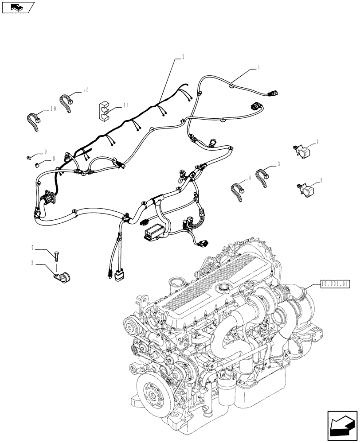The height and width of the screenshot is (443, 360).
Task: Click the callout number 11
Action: click(126, 105)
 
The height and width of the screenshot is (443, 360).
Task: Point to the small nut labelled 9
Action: click(28, 156)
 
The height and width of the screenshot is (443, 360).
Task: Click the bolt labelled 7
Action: click(57, 255)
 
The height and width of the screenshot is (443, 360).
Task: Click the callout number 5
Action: click(321, 180)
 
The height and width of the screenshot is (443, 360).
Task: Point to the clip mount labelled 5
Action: click(304, 189)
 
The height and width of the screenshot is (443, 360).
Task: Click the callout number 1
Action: click(258, 67)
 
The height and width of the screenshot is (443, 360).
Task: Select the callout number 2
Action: click(183, 57)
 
